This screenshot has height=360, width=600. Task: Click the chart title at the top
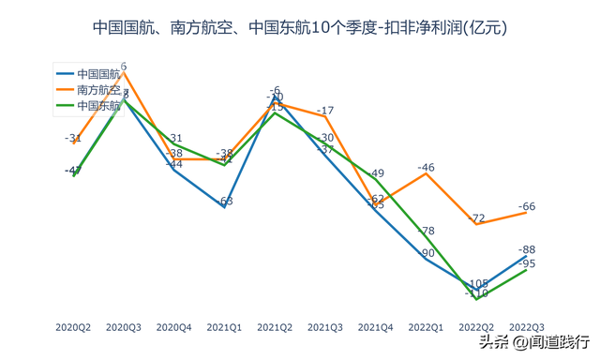300,27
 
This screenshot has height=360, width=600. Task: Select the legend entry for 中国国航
98,73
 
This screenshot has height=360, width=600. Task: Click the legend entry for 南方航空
98,90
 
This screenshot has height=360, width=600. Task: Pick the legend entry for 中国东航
98,106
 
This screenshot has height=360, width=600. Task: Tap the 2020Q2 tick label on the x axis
73,327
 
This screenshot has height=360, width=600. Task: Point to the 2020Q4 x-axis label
173,327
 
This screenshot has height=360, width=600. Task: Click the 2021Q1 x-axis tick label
224,327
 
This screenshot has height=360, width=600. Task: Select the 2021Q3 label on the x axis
325,327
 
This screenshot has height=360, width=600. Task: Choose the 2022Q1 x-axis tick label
426,327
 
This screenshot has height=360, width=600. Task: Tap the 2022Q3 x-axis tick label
526,327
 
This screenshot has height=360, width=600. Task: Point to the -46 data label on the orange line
426,168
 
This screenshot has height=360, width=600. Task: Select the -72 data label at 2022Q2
477,217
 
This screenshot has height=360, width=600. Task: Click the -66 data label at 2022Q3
527,206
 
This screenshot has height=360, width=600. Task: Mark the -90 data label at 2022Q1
426,253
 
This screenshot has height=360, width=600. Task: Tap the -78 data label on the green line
426,231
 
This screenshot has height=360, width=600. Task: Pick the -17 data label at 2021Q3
325,112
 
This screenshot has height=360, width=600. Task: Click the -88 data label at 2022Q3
527,249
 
